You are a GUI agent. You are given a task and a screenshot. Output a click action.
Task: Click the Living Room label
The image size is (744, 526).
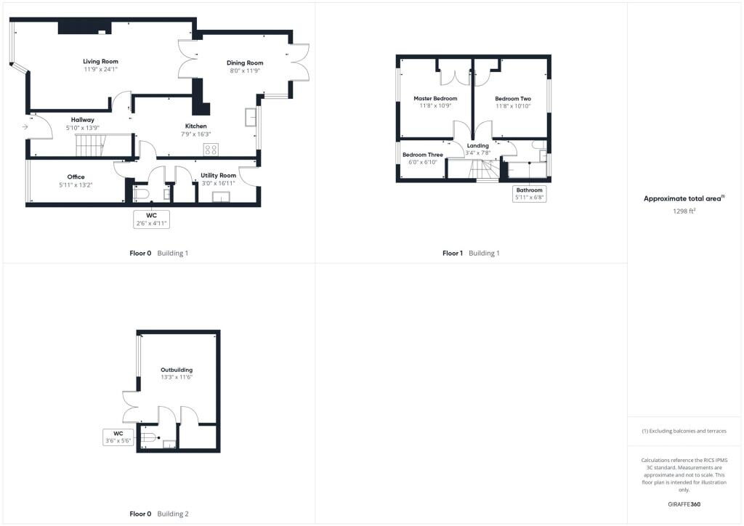(100, 61)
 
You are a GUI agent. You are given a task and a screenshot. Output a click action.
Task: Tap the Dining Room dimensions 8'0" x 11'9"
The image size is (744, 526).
(245, 70)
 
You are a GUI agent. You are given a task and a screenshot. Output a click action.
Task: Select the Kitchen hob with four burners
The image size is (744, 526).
(211, 150)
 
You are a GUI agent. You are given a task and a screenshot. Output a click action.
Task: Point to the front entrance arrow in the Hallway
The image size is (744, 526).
(25, 127)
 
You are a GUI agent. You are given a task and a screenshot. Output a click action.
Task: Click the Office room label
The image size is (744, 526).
(76, 177)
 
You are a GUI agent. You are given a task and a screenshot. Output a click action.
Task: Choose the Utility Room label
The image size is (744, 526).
(218, 176)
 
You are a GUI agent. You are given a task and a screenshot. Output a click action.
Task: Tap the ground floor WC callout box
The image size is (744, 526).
(151, 219)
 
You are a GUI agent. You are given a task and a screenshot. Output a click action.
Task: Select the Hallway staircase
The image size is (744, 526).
(90, 145)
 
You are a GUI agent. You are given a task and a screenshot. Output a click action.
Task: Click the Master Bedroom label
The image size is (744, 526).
(436, 99)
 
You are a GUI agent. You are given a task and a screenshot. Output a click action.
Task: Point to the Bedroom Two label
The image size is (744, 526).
(513, 99)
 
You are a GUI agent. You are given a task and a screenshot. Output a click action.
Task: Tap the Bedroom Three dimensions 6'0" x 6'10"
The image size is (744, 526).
(423, 162)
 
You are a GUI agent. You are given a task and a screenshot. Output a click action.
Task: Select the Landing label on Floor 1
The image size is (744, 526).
(478, 145)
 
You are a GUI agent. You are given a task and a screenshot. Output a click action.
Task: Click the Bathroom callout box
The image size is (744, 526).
(530, 193)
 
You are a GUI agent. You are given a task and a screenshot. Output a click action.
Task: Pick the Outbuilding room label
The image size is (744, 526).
(177, 370)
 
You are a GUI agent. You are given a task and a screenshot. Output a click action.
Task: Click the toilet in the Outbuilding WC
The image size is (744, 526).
(147, 437)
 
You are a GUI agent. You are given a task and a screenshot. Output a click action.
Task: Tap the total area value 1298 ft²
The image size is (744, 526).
(684, 211)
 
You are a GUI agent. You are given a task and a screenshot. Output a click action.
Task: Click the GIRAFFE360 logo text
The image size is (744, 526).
(684, 504)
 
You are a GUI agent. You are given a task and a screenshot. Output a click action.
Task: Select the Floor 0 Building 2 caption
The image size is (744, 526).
(159, 514)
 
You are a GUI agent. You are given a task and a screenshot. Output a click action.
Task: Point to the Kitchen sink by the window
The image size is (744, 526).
(251, 117)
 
